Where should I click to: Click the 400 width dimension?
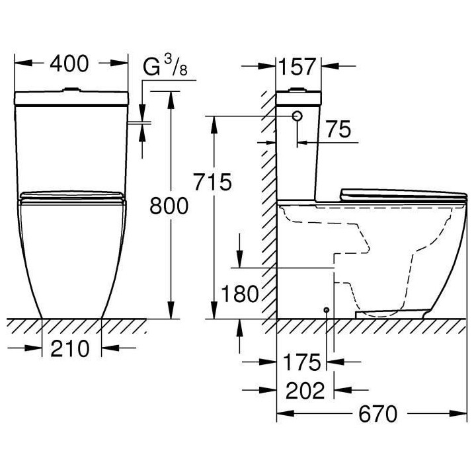tap(70, 65)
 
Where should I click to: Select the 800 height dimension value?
tap(169, 206)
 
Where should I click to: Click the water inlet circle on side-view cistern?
tap(297, 116)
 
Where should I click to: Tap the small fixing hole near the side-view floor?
tap(327, 309)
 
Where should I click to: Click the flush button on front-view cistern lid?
tap(70, 89)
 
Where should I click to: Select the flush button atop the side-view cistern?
tap(298, 89)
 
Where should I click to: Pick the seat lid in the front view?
tap(71, 196)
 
